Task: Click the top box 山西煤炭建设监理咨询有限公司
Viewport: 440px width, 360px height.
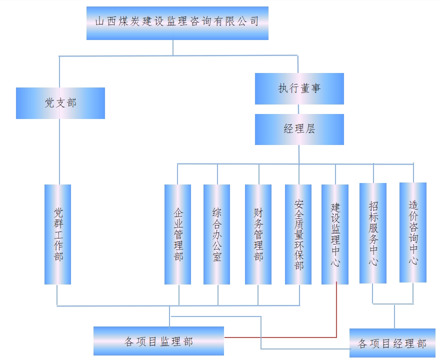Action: pos(177,23)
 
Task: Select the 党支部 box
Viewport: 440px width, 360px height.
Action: pos(60,103)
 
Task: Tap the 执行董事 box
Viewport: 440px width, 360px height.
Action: pos(299,88)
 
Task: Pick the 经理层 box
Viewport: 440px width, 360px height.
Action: pos(299,129)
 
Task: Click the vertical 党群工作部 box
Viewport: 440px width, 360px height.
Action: pos(57,234)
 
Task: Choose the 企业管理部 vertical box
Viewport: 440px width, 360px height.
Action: pos(177,234)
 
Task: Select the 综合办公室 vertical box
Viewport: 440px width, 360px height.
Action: pos(216,234)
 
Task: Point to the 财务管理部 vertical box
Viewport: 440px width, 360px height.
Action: pos(258,234)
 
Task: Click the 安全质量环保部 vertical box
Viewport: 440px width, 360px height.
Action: pos(298,234)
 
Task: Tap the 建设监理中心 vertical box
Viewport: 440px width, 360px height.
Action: pos(335,234)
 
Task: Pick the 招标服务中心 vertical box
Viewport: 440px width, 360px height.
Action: pos(373,233)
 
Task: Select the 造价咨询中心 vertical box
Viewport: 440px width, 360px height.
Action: pos(413,232)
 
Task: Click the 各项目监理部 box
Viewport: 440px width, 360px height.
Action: pos(158,341)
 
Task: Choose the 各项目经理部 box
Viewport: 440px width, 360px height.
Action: pos(392,343)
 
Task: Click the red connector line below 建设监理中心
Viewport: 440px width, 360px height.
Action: pos(335,310)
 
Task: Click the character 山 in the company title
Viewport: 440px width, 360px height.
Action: pos(99,21)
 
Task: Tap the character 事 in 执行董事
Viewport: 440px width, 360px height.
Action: pos(315,88)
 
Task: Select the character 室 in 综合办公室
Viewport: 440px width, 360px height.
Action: pos(216,257)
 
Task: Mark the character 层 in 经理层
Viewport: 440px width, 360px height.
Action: pos(310,129)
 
